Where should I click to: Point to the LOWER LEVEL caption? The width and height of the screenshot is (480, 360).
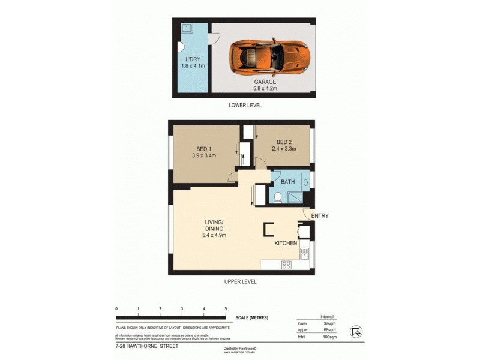point(245,106)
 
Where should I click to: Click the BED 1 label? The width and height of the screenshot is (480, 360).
point(204,149)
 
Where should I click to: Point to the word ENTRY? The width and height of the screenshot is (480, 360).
point(319,216)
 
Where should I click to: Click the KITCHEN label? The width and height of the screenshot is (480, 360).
point(286,244)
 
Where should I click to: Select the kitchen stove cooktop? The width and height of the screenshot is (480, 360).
point(286,264)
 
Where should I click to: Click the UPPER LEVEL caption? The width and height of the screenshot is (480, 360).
point(240,281)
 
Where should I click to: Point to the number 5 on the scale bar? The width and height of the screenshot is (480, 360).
point(226,308)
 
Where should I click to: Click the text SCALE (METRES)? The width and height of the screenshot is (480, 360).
point(251,317)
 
